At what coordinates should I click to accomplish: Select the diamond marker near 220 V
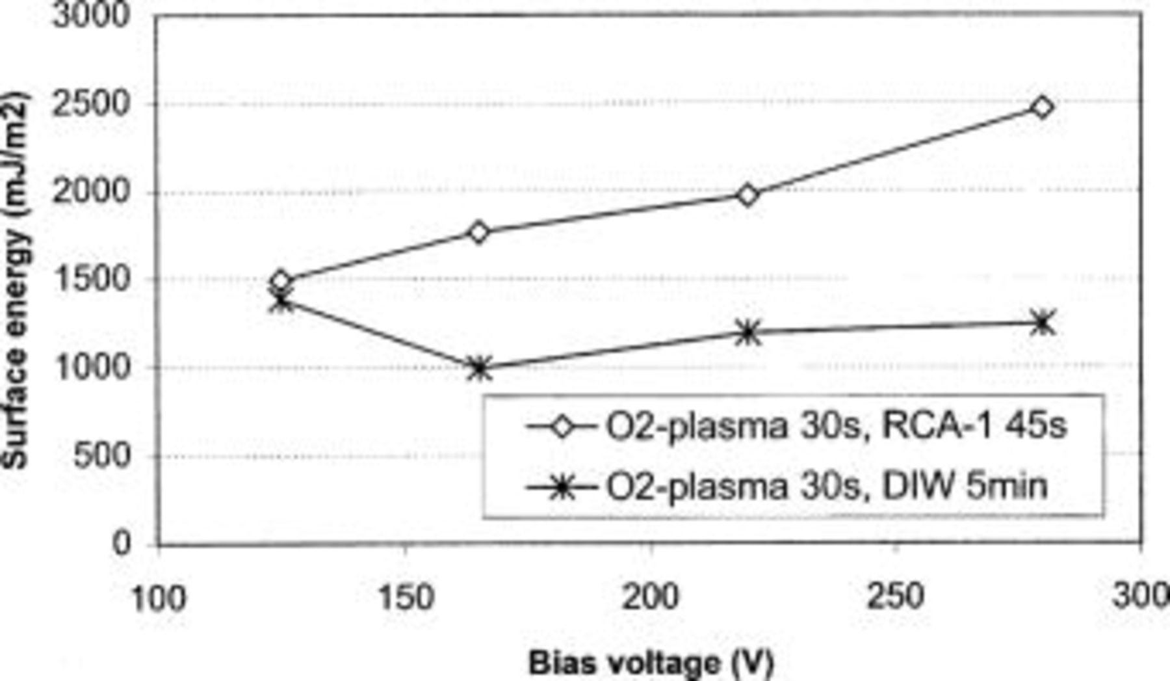748,194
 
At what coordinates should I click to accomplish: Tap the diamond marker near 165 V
478,232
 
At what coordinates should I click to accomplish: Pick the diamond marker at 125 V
281,282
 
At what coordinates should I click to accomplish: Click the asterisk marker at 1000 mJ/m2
479,368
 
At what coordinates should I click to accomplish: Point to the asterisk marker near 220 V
748,333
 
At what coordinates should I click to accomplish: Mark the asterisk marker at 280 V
1043,323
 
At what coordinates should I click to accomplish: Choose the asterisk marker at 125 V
281,300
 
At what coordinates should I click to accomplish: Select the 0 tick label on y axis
122,543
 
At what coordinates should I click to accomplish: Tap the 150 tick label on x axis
406,596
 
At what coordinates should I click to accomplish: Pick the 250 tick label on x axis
896,596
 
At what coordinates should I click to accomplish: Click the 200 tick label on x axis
651,596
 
